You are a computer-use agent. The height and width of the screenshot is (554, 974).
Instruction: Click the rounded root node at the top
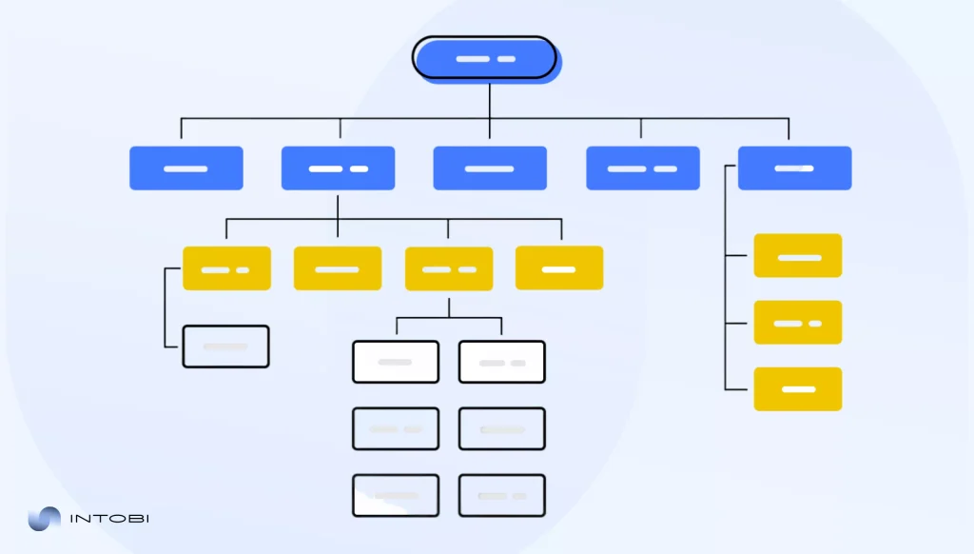coord(485,59)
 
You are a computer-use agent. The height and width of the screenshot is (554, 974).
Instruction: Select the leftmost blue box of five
coord(186,168)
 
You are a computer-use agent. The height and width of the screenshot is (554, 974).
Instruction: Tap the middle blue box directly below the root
coord(490,168)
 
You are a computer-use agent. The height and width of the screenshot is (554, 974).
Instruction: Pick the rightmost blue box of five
coord(794,168)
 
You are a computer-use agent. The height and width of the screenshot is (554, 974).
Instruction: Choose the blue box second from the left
coord(338,168)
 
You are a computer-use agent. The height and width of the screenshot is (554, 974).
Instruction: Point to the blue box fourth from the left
coord(642,168)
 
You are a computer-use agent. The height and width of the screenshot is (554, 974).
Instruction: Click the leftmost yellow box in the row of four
coord(226,268)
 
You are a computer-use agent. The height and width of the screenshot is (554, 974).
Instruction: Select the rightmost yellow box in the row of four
coord(559,268)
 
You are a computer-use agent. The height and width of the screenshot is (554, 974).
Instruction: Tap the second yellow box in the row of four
coord(338,268)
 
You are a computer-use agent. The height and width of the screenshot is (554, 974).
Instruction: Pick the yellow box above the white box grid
coord(449,268)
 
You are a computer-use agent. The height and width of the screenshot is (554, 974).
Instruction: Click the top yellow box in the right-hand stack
coord(797,256)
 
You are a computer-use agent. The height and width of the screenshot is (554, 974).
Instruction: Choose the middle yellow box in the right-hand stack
coord(797,323)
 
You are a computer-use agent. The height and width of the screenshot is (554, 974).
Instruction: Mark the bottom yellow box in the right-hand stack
coord(797,389)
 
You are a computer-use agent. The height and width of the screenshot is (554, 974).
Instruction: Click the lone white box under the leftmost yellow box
coord(225,346)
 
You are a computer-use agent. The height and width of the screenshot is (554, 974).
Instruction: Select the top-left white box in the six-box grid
coord(396,362)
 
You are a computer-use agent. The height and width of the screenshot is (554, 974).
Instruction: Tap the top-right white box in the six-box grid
coord(502,362)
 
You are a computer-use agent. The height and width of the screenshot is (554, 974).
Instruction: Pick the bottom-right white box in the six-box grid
coord(502,495)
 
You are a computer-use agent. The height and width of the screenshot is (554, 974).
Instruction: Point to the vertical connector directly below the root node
coord(490,100)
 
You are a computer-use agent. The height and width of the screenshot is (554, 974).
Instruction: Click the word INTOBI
coord(110,519)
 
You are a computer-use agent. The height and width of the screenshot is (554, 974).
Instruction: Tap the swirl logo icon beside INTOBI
coord(44,519)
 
